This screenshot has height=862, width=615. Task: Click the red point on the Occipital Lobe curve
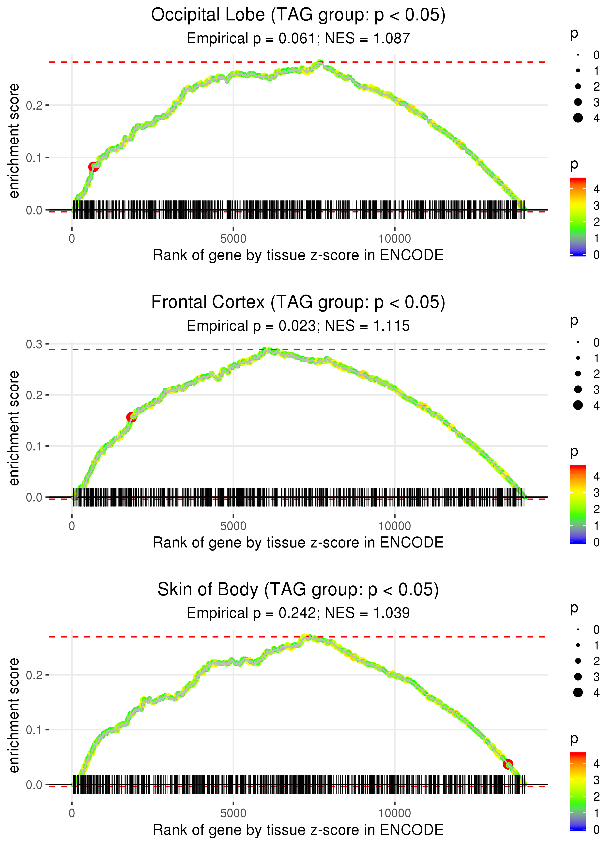[x=93, y=167]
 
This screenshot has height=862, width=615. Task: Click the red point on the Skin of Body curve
[x=508, y=764]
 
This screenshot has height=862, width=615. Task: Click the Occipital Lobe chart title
[x=298, y=15]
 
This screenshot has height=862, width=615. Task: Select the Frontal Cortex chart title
[x=298, y=302]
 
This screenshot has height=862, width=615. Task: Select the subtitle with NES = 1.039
[x=298, y=613]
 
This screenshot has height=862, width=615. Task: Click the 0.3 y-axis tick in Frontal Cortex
[x=34, y=344]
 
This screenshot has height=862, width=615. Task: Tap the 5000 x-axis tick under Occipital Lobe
[x=233, y=239]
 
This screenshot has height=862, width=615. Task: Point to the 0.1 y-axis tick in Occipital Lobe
[x=34, y=158]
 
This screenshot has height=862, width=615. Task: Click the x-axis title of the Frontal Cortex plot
[x=298, y=543]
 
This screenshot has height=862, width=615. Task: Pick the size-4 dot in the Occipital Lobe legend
[x=578, y=118]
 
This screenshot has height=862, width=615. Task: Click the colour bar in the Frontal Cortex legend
[x=578, y=504]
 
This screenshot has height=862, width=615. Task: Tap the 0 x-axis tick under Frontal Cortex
[x=72, y=526]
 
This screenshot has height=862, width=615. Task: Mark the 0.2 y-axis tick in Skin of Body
[x=34, y=675]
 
